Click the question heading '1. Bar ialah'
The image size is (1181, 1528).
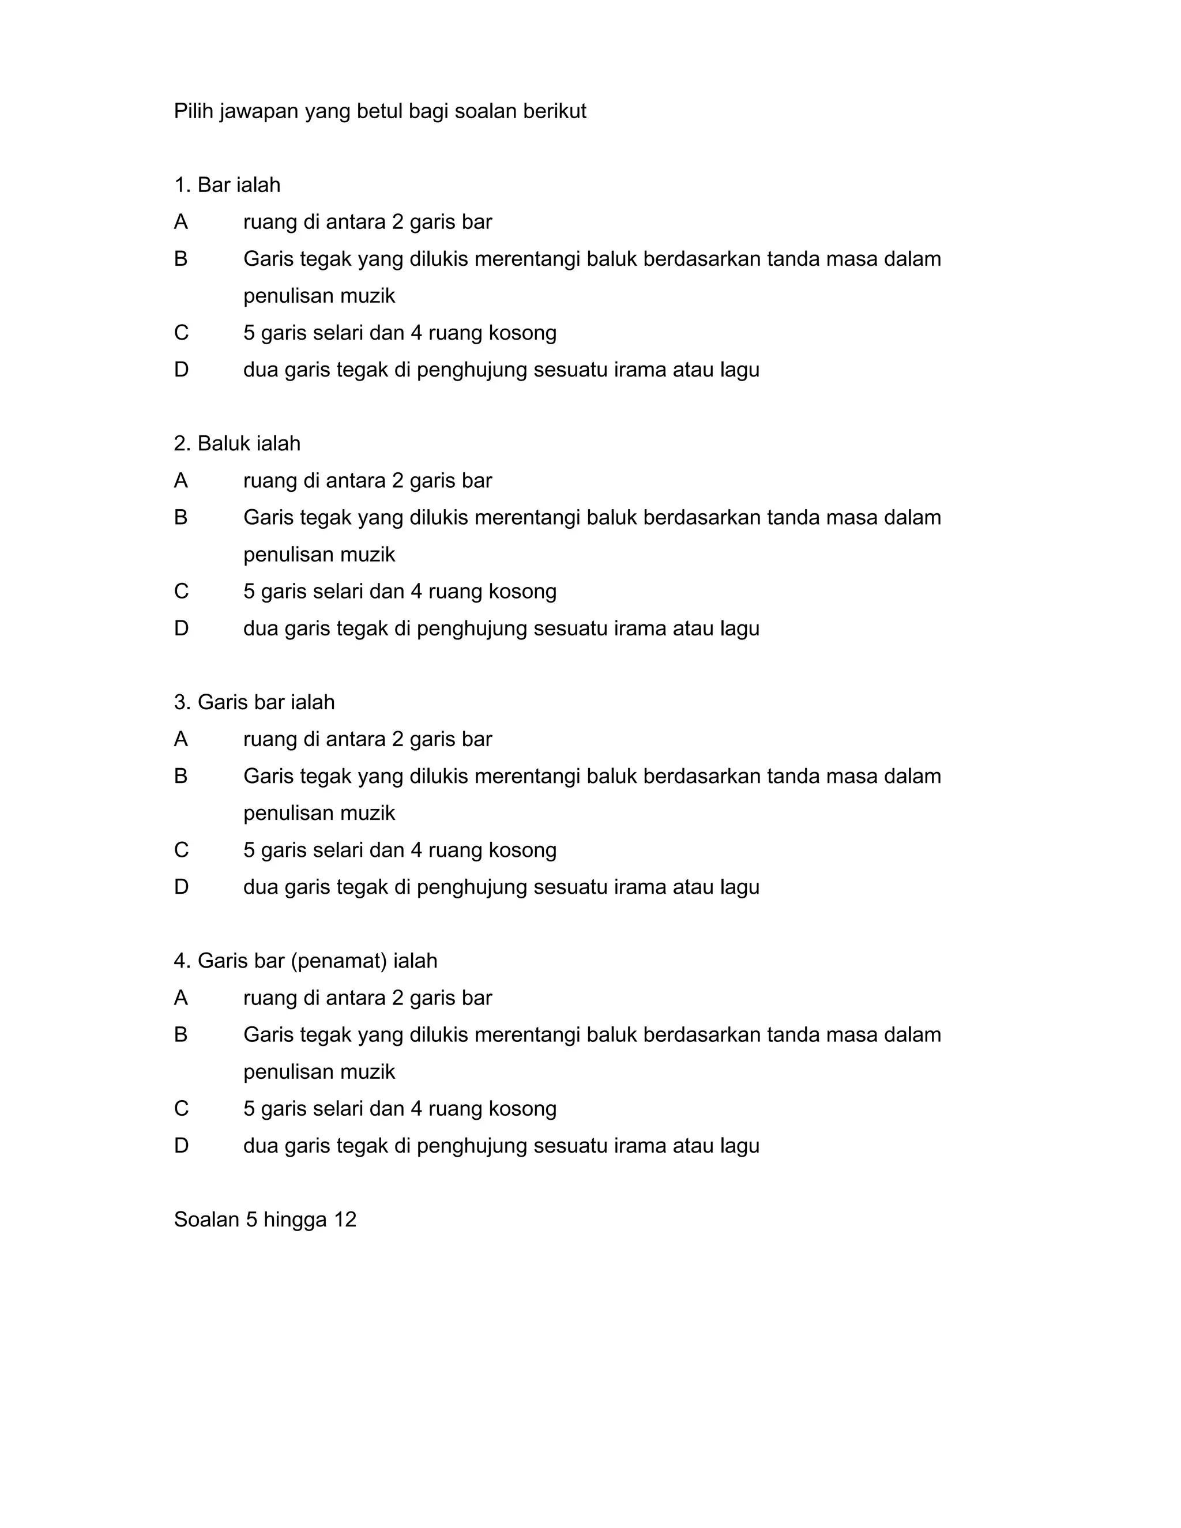(x=227, y=186)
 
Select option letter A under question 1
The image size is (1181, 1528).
(x=181, y=223)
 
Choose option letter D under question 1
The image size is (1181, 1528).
(x=182, y=370)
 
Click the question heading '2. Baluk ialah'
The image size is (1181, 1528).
(x=237, y=443)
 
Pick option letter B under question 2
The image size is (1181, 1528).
(x=181, y=518)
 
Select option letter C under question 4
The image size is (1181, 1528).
(x=182, y=1109)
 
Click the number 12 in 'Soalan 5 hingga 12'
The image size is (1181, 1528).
(x=345, y=1220)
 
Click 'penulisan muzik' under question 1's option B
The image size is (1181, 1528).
(x=319, y=296)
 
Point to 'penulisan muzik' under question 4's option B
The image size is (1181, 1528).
(x=319, y=1072)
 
